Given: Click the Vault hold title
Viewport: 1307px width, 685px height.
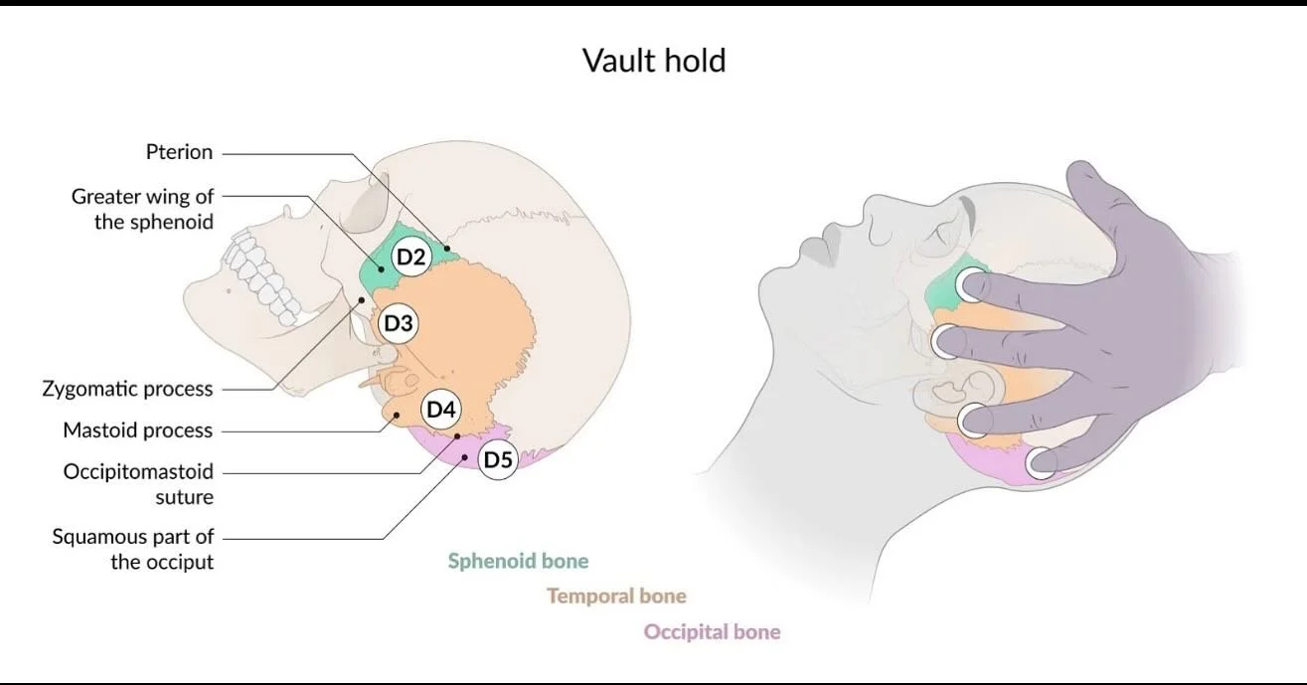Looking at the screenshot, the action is (x=654, y=61).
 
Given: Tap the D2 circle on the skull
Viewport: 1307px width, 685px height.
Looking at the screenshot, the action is (x=411, y=257).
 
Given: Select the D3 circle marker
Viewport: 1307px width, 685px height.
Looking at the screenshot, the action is (x=399, y=323).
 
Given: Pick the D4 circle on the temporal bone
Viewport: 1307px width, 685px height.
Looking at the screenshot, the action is (x=441, y=409).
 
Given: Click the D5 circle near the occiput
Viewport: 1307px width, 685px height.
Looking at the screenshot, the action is (x=498, y=459).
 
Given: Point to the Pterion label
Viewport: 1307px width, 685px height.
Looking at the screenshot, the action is (x=179, y=152).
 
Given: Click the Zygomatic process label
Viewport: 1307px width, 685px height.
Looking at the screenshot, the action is (x=128, y=389).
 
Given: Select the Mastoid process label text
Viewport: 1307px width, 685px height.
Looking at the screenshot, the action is (x=138, y=430).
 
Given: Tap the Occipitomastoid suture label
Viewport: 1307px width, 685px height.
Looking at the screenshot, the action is (x=139, y=484).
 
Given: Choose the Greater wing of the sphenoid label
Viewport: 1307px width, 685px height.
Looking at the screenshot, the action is (x=143, y=209).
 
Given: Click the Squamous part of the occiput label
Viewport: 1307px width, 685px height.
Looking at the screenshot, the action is (x=133, y=549).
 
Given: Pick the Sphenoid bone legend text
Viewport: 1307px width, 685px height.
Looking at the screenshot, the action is (x=518, y=561).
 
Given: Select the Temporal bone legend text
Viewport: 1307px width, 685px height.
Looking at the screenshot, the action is (x=616, y=596).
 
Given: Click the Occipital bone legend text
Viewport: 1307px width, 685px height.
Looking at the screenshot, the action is (x=712, y=632).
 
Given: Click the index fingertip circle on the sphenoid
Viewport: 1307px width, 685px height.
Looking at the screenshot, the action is (x=970, y=284).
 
